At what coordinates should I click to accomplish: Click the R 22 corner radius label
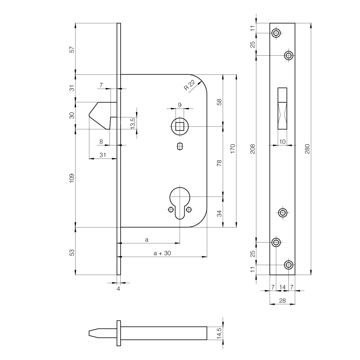click(189, 85)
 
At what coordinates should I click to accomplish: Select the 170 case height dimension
click(232, 149)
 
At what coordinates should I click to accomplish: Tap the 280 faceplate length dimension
click(307, 149)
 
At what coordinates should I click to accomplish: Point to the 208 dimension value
click(253, 149)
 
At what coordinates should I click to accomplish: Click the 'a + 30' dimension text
click(162, 253)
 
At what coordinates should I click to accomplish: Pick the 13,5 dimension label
click(133, 123)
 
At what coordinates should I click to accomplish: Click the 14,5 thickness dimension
click(219, 333)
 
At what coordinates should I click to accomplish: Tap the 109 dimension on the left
click(72, 178)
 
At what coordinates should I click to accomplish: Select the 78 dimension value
click(219, 163)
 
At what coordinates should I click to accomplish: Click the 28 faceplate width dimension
click(282, 300)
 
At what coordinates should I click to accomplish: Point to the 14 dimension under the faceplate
click(282, 287)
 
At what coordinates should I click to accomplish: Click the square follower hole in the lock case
click(180, 126)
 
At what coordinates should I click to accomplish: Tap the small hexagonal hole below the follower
click(180, 146)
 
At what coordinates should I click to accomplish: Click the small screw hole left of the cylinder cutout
click(171, 209)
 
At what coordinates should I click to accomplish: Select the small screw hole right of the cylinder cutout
click(189, 209)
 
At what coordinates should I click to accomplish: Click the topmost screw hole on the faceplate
click(276, 33)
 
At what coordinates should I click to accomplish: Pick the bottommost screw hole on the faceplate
click(288, 265)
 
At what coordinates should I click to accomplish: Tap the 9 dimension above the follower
click(180, 105)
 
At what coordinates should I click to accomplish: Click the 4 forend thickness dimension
click(119, 289)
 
